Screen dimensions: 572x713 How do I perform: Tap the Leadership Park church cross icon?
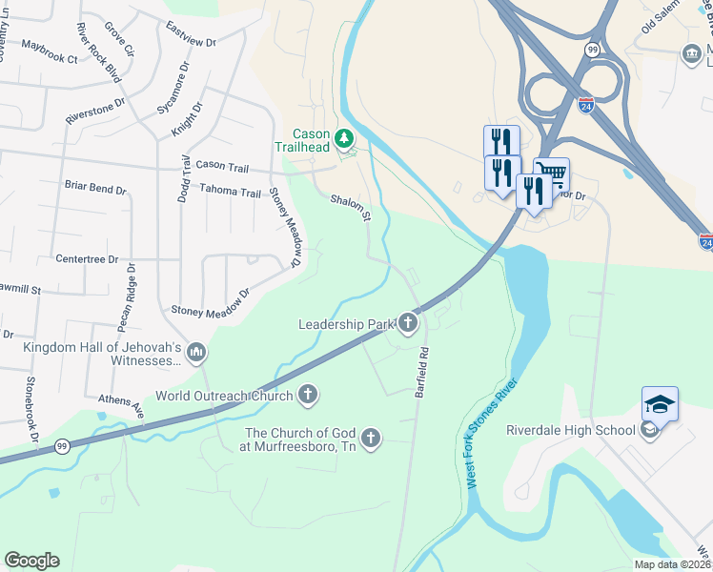(x=409, y=323)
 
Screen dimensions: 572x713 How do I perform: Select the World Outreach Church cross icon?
(x=307, y=394)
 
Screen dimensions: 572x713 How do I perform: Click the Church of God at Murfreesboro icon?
(x=371, y=439)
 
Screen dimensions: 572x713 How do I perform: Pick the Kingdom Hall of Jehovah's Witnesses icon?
(x=196, y=354)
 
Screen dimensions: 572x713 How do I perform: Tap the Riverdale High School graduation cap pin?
(x=660, y=405)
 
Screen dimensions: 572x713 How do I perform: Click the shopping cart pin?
(x=551, y=174)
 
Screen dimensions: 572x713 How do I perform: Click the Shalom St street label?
(x=350, y=209)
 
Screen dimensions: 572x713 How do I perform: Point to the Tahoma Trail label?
(x=230, y=192)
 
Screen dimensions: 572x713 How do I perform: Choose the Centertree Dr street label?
(x=87, y=258)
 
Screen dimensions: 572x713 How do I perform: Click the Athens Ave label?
(x=120, y=406)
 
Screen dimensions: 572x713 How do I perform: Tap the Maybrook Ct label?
(x=50, y=59)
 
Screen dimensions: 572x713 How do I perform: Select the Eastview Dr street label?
(x=191, y=35)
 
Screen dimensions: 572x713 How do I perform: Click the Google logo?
(x=31, y=561)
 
